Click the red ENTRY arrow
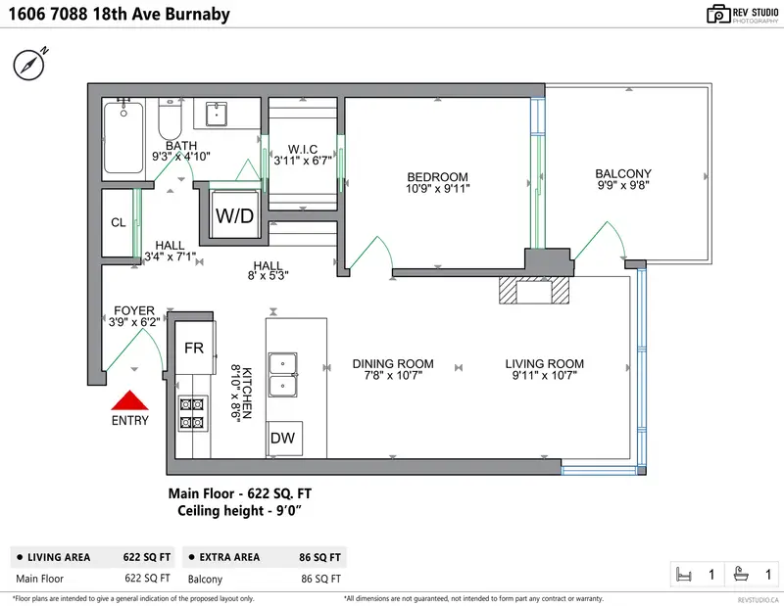point(128,401)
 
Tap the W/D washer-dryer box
point(235,214)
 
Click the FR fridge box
point(194,348)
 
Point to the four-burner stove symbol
point(193,413)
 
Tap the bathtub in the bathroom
point(124,138)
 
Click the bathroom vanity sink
point(218,115)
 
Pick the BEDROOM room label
point(438,177)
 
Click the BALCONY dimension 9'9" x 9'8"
point(622,184)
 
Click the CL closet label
point(119,222)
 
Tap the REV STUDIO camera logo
point(718,14)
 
